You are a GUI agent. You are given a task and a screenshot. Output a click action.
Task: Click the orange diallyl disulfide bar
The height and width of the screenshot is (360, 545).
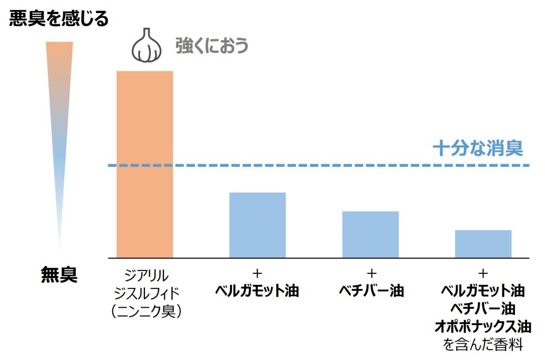click(x=145, y=164)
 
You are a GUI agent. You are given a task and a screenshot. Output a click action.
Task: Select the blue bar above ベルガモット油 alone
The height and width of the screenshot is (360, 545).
click(x=257, y=225)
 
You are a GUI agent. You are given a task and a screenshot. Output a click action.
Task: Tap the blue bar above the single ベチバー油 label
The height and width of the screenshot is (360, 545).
click(x=371, y=234)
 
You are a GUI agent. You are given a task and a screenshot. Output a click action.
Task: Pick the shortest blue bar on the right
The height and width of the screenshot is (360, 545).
click(x=483, y=243)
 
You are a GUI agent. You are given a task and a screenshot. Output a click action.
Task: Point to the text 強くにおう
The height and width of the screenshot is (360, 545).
click(x=211, y=45)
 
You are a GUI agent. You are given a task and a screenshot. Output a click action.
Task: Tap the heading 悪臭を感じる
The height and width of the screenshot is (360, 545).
click(x=59, y=20)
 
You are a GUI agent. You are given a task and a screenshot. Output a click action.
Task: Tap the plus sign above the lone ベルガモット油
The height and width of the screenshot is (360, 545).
click(x=258, y=273)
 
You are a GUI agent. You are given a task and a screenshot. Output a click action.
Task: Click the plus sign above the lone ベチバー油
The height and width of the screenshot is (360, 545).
click(x=371, y=273)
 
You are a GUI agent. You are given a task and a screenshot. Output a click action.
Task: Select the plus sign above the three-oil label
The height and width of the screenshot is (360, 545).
click(x=483, y=273)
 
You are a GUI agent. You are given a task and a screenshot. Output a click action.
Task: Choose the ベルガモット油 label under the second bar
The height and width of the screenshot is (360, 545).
click(x=258, y=291)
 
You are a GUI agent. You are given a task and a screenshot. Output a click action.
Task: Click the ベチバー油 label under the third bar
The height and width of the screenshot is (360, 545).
click(x=371, y=291)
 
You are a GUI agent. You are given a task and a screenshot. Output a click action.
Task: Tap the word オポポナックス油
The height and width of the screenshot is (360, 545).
click(x=483, y=327)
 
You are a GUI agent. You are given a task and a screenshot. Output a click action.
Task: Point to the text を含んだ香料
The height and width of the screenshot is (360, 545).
click(x=483, y=345)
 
